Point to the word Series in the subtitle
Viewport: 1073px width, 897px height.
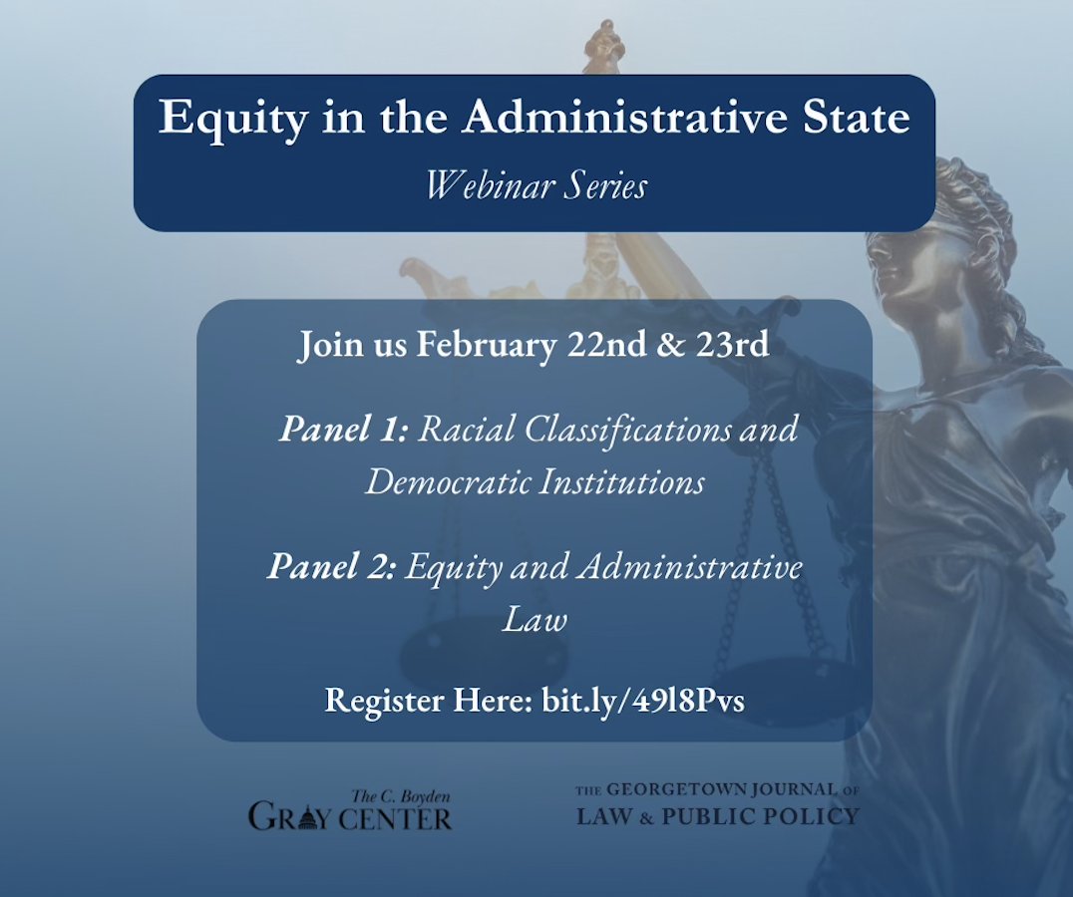[x=601, y=184]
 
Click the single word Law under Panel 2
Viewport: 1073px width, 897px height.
[x=535, y=620]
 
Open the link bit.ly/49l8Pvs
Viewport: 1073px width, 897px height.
[x=643, y=700]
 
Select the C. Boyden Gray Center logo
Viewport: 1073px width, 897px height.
[x=350, y=810]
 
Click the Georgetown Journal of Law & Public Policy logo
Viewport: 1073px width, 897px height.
[x=717, y=805]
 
